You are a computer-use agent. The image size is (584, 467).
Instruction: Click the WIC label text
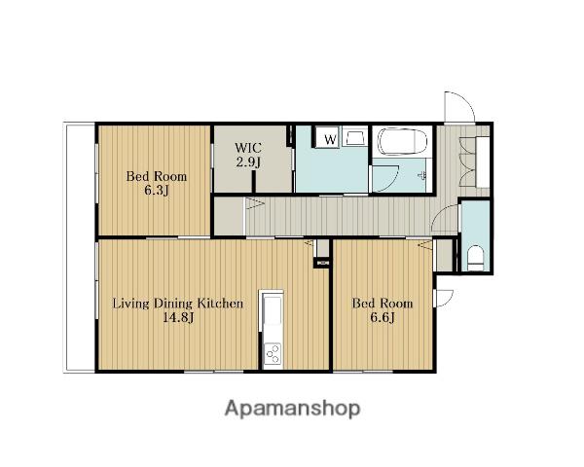tap(248, 148)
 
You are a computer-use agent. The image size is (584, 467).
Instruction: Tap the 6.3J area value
tap(157, 191)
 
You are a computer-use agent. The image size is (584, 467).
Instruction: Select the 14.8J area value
tap(178, 317)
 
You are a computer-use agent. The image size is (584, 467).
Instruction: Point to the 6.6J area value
tap(383, 317)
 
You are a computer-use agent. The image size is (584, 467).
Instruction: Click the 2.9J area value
tap(248, 162)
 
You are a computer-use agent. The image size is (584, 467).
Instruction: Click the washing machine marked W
tap(327, 137)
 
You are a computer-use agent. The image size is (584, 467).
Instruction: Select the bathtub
tap(401, 141)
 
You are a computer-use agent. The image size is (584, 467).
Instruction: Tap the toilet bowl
tap(475, 258)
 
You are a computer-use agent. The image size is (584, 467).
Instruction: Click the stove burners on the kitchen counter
tap(272, 353)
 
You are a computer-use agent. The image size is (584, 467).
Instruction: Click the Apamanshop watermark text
tap(292, 409)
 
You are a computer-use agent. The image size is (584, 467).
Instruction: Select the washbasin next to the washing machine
tap(354, 136)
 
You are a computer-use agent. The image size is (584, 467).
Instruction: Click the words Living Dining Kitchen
tap(178, 303)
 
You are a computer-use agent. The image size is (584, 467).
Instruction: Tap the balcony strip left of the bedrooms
tap(80, 247)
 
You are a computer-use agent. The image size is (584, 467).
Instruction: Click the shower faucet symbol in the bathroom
tap(423, 175)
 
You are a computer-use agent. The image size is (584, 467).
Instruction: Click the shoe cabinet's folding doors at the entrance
tap(468, 162)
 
